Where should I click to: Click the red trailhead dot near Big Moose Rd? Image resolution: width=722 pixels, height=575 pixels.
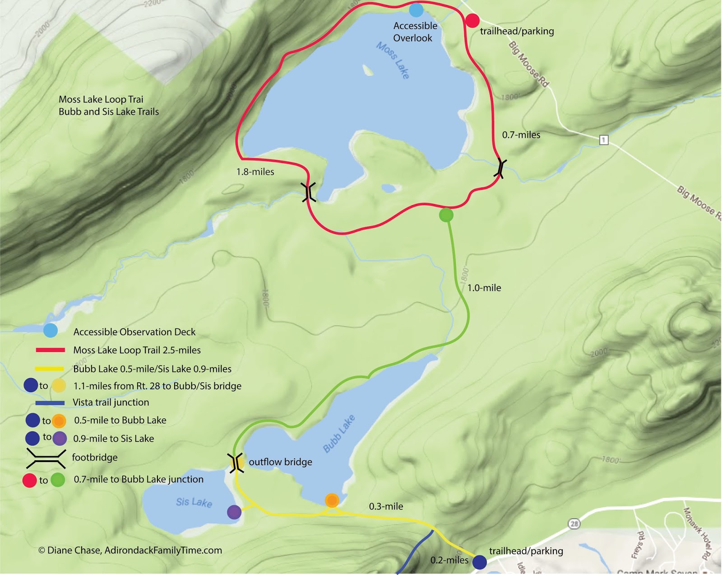tap(472, 21)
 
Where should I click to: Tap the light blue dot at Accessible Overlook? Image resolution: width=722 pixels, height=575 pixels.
tap(416, 9)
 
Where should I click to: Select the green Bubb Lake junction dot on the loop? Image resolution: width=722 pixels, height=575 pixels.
tap(446, 215)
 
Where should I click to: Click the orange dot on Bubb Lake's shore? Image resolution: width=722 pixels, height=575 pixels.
tap(332, 500)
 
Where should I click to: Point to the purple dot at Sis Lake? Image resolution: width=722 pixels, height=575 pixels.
tap(234, 512)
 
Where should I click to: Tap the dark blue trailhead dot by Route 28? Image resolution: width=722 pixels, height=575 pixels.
tap(479, 562)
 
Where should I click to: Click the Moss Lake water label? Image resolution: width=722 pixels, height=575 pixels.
tap(393, 61)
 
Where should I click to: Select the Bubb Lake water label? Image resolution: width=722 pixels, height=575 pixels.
tap(339, 433)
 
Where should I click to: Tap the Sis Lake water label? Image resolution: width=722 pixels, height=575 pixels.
tap(194, 502)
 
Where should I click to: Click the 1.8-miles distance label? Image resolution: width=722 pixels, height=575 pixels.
tap(255, 172)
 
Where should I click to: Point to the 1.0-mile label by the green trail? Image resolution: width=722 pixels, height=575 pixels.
tap(484, 288)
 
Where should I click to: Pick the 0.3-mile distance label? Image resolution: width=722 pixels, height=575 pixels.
tap(386, 506)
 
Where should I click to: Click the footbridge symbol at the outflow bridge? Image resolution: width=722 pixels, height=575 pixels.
tap(236, 463)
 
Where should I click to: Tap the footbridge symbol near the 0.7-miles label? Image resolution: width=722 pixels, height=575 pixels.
tap(500, 168)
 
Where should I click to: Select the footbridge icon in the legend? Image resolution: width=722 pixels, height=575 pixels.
tap(46, 458)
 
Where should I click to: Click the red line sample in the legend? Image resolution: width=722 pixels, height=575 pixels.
tap(51, 350)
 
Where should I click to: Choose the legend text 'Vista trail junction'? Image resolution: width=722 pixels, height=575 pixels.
tap(111, 402)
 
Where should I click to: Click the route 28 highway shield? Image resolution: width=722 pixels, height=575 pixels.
tap(574, 524)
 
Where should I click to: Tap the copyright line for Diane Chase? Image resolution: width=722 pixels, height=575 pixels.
tap(130, 550)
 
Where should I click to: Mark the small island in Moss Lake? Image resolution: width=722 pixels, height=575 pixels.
tap(368, 70)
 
